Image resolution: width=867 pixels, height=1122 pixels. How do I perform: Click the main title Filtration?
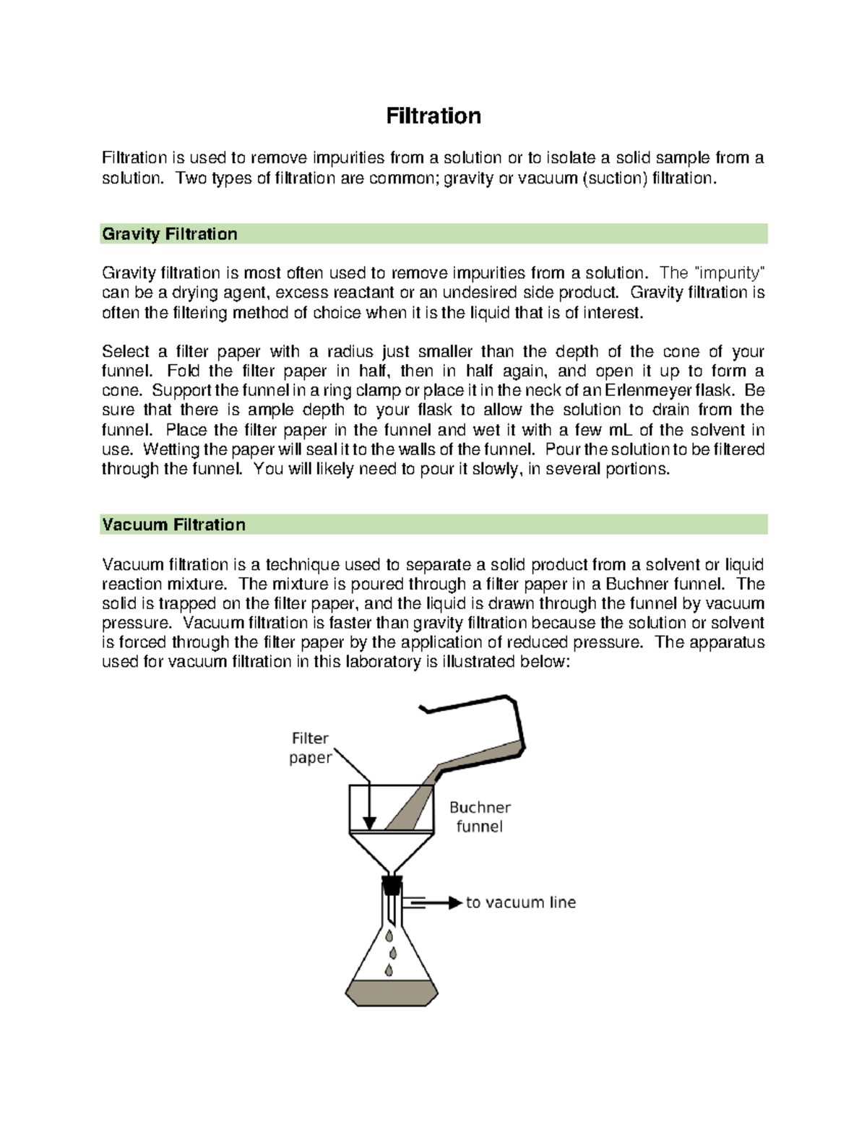433,116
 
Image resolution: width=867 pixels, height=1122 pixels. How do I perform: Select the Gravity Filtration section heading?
170,234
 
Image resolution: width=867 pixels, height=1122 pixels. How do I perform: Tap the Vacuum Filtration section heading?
173,525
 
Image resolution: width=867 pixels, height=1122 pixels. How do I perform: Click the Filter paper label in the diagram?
310,748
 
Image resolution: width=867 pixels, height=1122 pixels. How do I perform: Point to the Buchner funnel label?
480,817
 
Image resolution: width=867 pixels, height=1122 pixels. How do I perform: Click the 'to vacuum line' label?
520,902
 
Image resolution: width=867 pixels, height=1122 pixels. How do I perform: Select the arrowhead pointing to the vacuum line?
455,902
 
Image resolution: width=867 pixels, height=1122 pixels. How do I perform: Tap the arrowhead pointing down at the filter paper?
369,824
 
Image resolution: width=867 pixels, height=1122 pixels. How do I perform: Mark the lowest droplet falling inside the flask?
389,970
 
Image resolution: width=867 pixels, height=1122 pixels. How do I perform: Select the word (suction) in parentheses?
615,178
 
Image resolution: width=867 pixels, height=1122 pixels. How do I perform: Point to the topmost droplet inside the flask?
389,936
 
